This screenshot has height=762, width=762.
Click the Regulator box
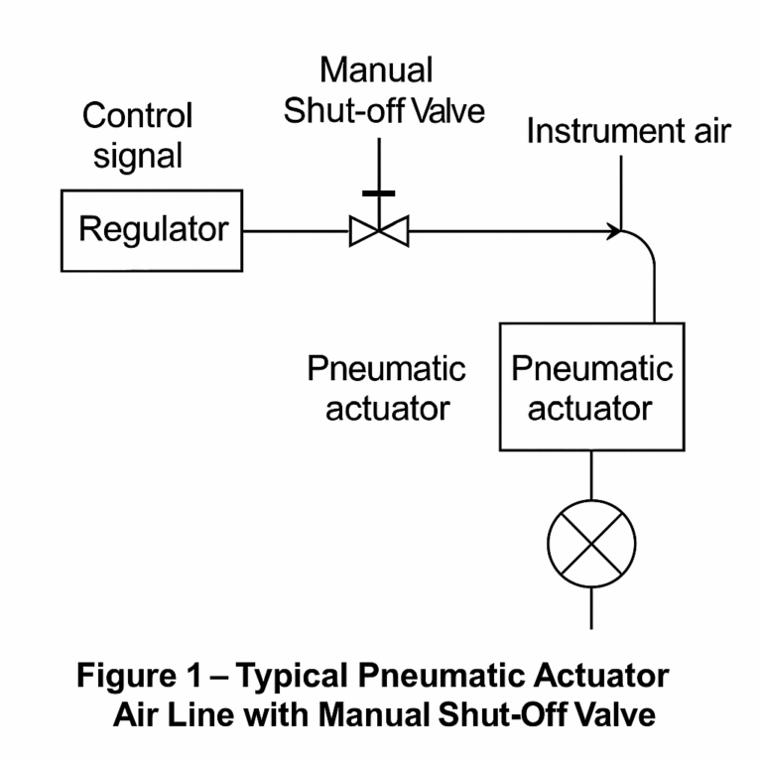[x=152, y=230]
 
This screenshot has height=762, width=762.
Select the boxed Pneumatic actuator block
[x=590, y=387]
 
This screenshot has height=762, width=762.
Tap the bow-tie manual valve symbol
[x=379, y=233]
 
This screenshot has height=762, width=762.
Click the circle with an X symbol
[x=591, y=542]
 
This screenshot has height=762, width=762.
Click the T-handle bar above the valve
[x=379, y=192]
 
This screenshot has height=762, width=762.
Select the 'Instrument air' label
[x=628, y=132]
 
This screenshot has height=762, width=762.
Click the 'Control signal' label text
[x=137, y=135]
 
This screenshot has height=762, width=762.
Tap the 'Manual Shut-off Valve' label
[x=384, y=90]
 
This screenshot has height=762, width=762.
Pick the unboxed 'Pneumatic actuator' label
[x=387, y=388]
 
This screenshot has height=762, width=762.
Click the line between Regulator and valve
[x=296, y=233]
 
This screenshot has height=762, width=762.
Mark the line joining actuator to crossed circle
[x=591, y=475]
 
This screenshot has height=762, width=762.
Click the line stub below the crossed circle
[x=591, y=606]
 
